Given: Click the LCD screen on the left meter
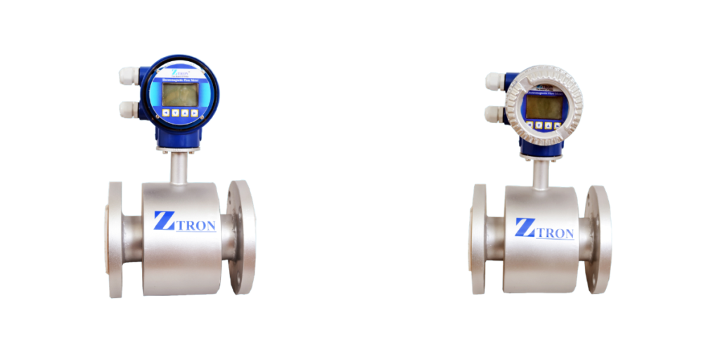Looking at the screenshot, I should coord(180,94).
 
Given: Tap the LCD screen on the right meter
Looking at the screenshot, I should coord(544,106).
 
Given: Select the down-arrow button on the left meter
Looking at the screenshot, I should coord(175,112).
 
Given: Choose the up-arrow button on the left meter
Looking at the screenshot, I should coord(185,112).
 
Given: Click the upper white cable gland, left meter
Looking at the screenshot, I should coord(129,75).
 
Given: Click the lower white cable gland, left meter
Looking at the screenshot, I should coord(129,109).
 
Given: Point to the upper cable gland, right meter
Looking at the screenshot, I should coord(495,82).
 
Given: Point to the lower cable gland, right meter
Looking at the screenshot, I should coord(495,113).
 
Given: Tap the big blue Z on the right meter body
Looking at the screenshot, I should coord(524,227).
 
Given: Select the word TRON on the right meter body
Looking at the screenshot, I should coord(555,233).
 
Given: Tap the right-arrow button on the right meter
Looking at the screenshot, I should coord(558,125).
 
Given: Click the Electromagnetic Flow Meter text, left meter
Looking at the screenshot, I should coord(180,80).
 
